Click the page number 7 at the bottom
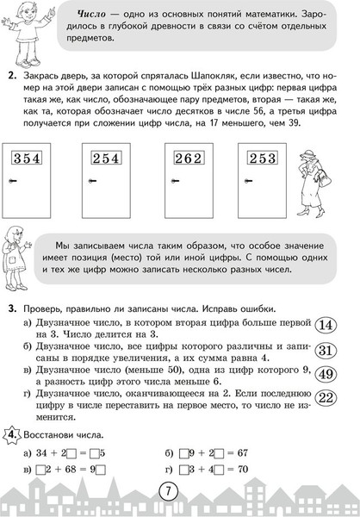[x=179, y=491]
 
